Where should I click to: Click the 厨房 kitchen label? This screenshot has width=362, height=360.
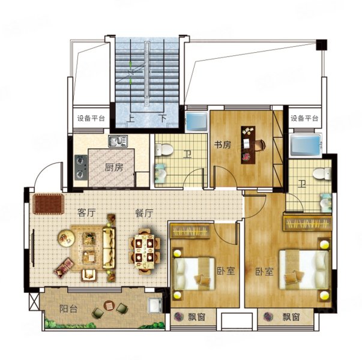coord(114,168)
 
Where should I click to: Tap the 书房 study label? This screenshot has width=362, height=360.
coord(223,145)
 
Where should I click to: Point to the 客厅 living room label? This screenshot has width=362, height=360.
coord(86,213)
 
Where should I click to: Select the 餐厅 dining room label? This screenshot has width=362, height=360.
coord(144,213)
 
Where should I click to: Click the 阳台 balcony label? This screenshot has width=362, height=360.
coord(68,309)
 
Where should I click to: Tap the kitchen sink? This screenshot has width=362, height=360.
coord(118,141)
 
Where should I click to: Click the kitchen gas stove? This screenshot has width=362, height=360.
coord(81,167)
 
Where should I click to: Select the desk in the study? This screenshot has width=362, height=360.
coord(248,145)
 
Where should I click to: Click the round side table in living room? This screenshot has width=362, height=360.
coord(66,238)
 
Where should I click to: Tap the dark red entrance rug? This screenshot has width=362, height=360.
coord(49,204)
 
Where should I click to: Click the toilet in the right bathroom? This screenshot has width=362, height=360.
coord(322,173)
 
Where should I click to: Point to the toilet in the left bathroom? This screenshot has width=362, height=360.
coord(164,150)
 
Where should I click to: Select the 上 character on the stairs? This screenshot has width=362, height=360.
coord(130,118)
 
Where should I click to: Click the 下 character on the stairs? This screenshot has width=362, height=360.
coord(163,118)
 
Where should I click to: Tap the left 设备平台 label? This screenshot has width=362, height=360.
coord(91,118)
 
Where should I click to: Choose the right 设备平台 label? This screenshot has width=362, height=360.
coord(304,118)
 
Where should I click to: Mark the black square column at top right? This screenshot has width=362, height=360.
coord(321,44)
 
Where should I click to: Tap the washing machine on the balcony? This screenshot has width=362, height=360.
coord(155,305)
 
